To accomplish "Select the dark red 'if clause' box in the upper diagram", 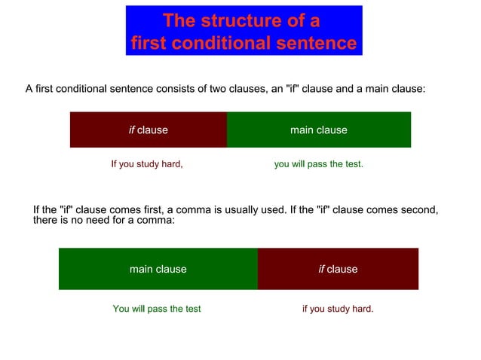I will tap(149, 130).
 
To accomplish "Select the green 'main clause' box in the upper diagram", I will tap(319, 130).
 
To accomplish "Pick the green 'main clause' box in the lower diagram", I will tap(158, 269).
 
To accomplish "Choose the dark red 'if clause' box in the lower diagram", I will tap(338, 269).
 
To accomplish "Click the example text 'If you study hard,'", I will tap(147, 163).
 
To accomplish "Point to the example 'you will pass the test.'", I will tap(318, 163).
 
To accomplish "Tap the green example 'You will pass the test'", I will tap(157, 309).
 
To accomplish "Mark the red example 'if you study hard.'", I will tap(338, 309).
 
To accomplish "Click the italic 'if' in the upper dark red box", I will tap(131, 130).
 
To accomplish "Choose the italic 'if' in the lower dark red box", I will tap(321, 269).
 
